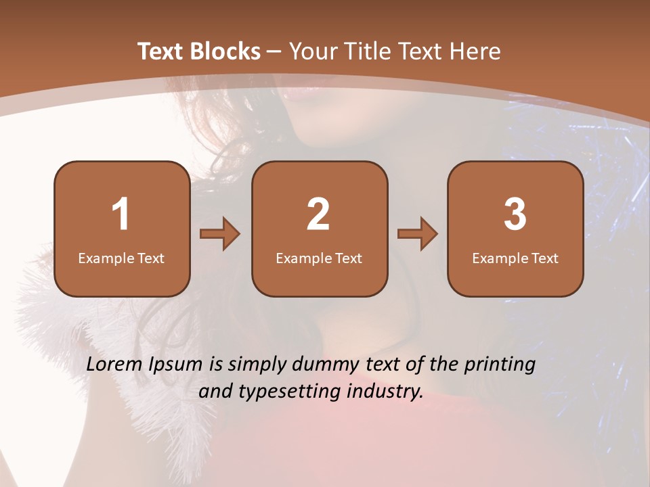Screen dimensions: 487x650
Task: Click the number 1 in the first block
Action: point(121,214)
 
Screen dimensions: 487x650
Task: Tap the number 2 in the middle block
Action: point(318,214)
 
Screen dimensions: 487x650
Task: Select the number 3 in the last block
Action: point(515,214)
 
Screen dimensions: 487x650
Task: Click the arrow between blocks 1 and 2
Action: point(220,234)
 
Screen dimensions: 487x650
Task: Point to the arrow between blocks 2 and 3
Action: point(418,234)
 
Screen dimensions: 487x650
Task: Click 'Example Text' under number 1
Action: point(121,258)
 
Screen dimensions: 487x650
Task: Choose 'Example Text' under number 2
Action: point(319,258)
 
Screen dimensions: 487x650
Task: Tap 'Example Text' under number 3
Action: point(515,258)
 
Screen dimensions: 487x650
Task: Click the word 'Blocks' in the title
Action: point(224,51)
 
